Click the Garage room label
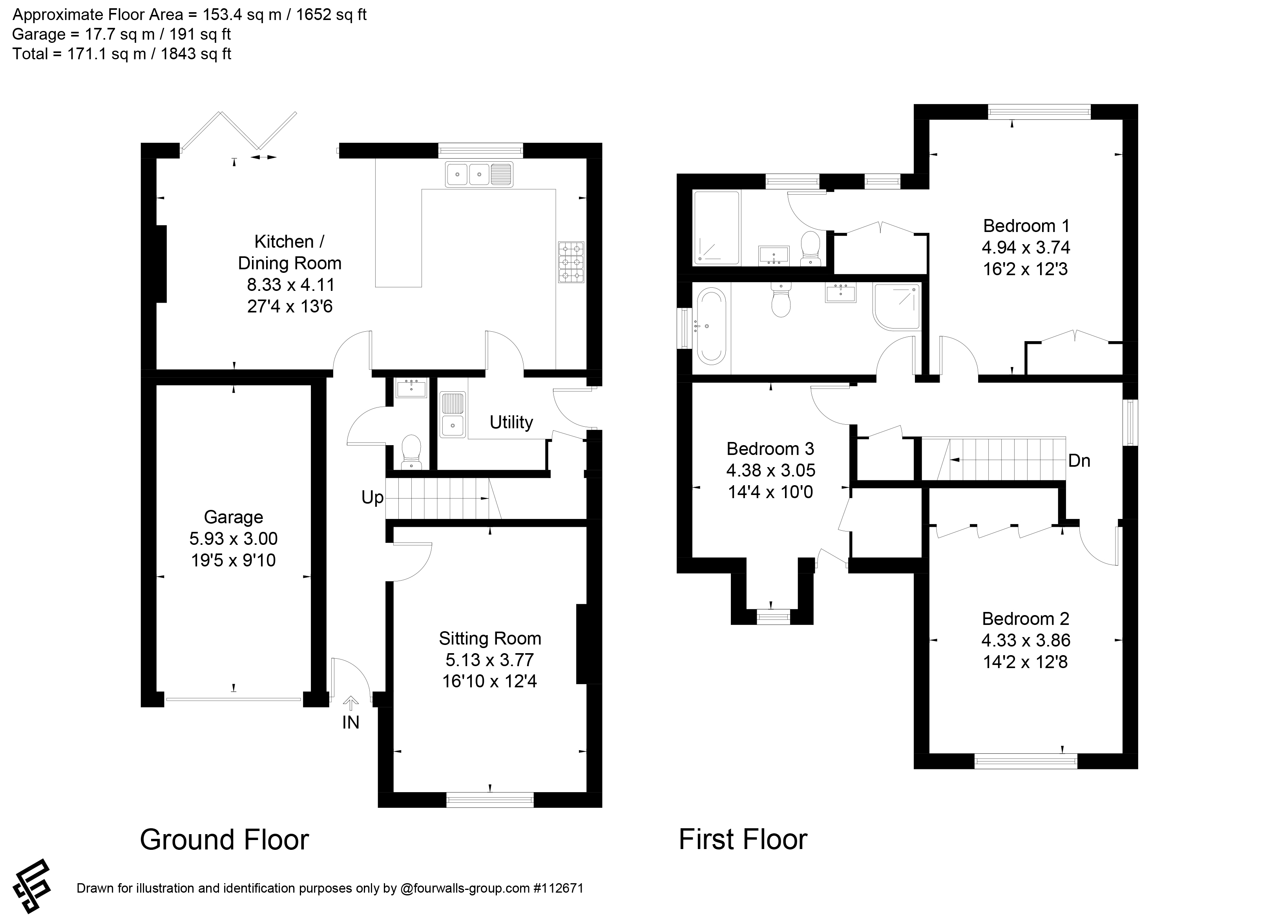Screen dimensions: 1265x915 tap(233, 517)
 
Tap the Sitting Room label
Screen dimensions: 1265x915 tap(490, 638)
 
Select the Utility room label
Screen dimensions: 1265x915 tap(511, 422)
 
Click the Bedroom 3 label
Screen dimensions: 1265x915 tap(770, 449)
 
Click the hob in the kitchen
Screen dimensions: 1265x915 tap(571, 262)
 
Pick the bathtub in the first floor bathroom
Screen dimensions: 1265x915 tap(709, 326)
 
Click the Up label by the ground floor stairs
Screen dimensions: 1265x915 tap(372, 497)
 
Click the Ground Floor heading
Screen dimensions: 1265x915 tap(224, 840)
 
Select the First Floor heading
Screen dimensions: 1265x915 tap(743, 839)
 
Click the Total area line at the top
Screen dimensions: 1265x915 tap(122, 54)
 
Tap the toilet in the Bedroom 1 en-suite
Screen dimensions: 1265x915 tap(810, 249)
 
